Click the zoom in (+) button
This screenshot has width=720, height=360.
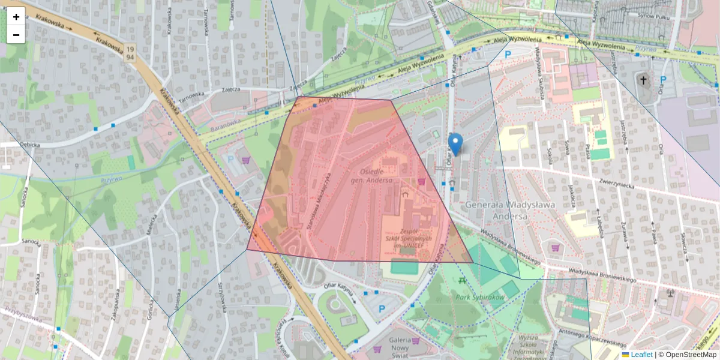pos(16,17)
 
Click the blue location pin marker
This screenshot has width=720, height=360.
pos(455,145)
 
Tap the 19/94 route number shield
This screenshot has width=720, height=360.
pos(130,53)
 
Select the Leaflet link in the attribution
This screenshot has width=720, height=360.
pos(641,355)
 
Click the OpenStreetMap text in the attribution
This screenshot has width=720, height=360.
pos(687,355)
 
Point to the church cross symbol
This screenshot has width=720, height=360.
pos(643,80)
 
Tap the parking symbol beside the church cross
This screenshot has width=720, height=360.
pos(663,80)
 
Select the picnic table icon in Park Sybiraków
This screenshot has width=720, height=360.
pos(462,280)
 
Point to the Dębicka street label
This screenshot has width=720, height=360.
pos(28,145)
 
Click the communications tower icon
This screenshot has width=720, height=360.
pos(670,292)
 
